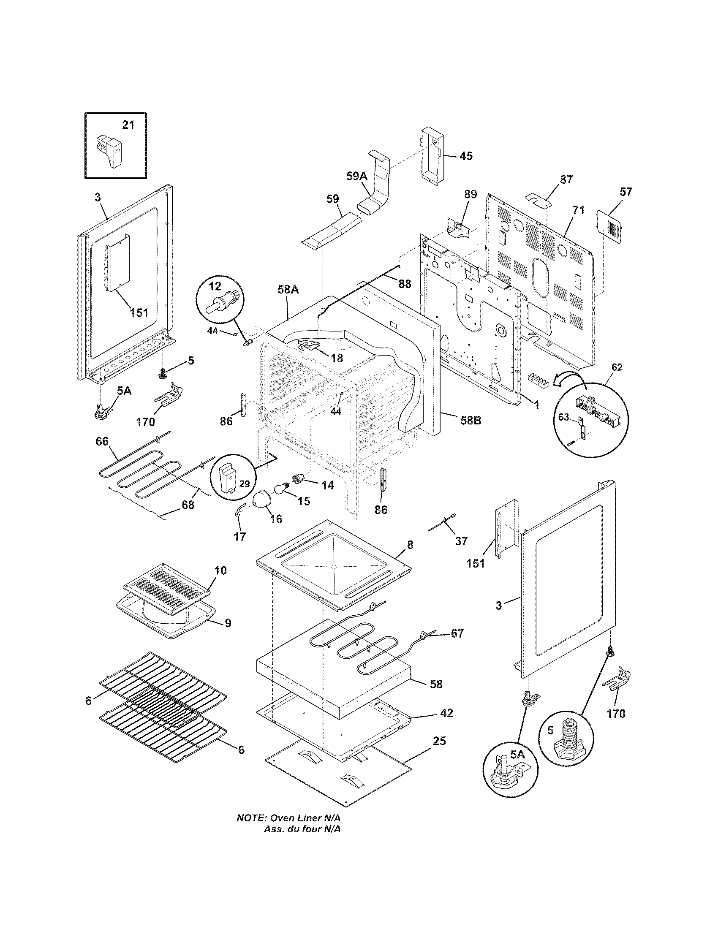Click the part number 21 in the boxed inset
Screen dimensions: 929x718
tap(128, 125)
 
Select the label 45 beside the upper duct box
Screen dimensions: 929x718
tap(466, 156)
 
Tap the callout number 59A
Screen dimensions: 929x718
tap(356, 176)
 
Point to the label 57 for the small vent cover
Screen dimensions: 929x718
tap(626, 191)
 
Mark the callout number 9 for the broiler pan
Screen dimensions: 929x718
tap(228, 623)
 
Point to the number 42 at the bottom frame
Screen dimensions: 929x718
tap(446, 712)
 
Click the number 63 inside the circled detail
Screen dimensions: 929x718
tap(563, 417)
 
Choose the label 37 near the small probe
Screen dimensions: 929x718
tap(461, 541)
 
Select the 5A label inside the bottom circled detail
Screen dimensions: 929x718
tap(517, 754)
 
